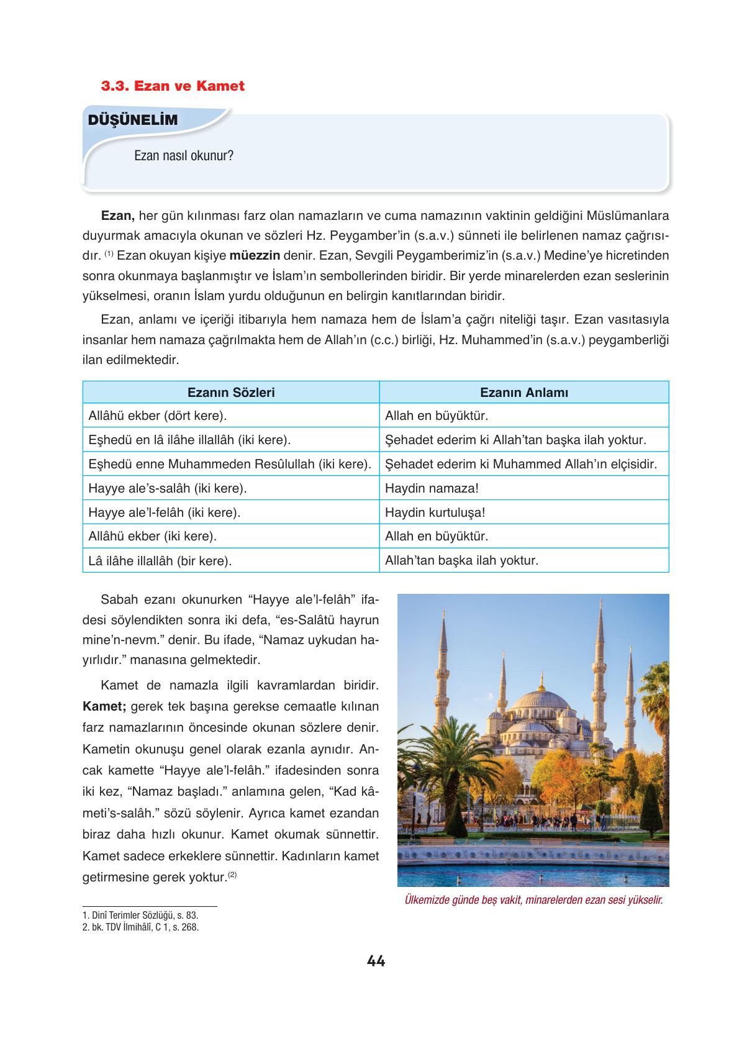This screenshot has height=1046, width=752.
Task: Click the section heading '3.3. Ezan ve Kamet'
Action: (173, 86)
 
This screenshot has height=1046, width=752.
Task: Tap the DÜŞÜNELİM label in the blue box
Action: (133, 121)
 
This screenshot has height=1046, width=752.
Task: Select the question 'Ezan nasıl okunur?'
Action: (184, 155)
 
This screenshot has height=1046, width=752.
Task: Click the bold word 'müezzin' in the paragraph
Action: (255, 255)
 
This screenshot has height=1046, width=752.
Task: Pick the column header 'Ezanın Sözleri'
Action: (231, 393)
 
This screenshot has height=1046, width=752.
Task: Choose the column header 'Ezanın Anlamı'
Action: (524, 393)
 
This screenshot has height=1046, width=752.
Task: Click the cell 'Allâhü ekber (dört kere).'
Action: (158, 416)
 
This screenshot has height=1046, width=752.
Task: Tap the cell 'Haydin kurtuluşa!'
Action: (435, 512)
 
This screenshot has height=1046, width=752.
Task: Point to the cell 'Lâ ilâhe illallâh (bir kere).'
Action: (160, 561)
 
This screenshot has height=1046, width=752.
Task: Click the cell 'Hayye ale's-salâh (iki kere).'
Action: (168, 488)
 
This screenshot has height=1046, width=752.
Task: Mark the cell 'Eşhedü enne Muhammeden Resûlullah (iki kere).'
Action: (230, 464)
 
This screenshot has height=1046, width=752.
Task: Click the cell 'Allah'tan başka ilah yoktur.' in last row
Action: (461, 560)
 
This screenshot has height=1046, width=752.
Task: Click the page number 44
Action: (376, 962)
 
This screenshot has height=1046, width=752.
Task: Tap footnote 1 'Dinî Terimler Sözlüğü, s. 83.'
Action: (141, 916)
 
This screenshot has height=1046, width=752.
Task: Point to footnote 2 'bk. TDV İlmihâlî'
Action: (141, 927)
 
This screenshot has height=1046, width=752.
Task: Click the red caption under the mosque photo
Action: (533, 900)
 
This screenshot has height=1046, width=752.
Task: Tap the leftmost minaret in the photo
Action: (442, 671)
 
